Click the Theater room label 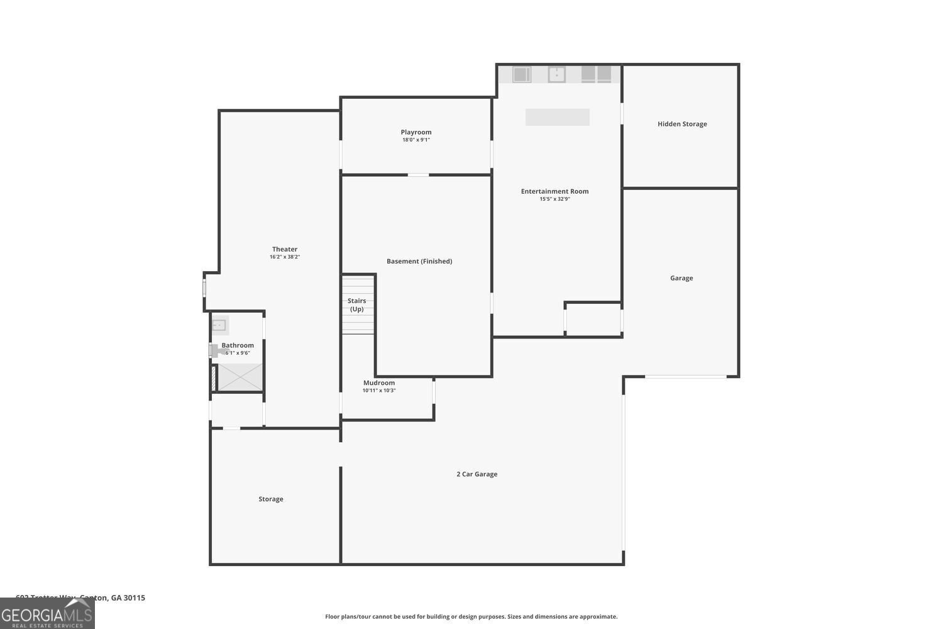pos(285,249)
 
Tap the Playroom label pos(416,132)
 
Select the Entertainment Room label pos(554,191)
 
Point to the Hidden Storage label pos(682,124)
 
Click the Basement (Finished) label pos(419,261)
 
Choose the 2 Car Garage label pos(477,474)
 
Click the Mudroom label pos(379,382)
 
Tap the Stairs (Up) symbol pos(358,305)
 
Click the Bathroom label pos(238,345)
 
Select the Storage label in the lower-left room pos(271,499)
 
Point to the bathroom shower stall pos(240,377)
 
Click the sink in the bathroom pos(219,325)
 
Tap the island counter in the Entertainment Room pos(557,117)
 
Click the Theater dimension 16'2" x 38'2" pos(285,257)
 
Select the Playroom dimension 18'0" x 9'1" pos(416,140)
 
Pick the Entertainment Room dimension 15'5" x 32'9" pos(554,199)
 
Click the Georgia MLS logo pos(47,614)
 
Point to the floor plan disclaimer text pos(471,616)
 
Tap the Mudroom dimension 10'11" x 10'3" pos(379,391)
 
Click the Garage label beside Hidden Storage pos(681,278)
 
